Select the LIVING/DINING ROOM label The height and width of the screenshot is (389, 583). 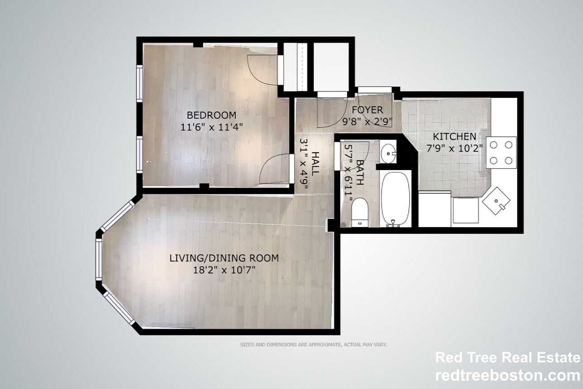tap(224, 258)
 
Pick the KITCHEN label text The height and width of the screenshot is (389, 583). tap(454, 136)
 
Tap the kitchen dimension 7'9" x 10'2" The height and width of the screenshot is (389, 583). tap(454, 148)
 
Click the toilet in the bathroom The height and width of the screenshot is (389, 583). tap(360, 211)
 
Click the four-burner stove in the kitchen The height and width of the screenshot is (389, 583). tap(501, 152)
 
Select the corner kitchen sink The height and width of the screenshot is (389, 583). tap(496, 200)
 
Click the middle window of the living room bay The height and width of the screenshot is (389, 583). tap(98, 259)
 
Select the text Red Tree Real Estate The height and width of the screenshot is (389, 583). tap(507, 357)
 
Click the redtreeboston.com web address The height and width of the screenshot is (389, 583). tap(507, 375)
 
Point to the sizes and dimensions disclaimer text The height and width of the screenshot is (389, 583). tap(313, 345)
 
